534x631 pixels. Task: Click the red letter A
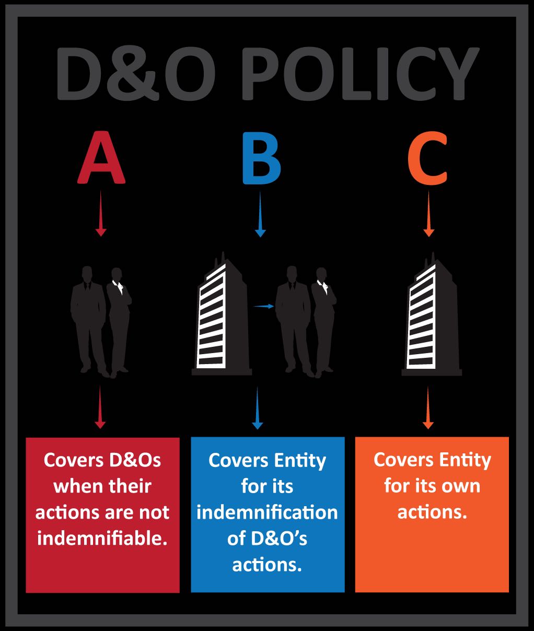pos(101,159)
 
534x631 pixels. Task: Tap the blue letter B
pos(261,159)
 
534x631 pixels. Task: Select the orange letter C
pos(428,159)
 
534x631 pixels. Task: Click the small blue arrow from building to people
pos(264,306)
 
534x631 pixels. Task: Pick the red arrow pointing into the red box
pos(100,407)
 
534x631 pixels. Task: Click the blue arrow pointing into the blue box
pos(257,407)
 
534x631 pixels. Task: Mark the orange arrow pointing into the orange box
pos(428,407)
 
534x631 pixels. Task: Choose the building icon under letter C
pos(432,316)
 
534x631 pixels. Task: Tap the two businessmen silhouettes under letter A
pos(101,321)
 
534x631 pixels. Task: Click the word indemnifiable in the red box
pos(102,538)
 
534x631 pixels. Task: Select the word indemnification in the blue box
pos(267,512)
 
